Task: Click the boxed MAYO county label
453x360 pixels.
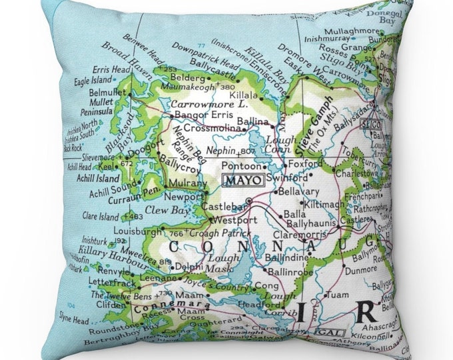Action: [x=242, y=179]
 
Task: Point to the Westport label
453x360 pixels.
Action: [x=234, y=220]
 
